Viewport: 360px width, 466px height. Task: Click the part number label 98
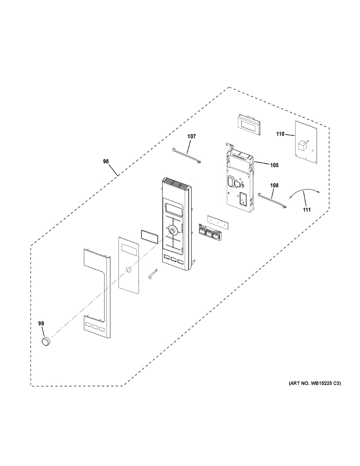[x=106, y=162]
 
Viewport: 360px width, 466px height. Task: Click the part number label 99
[x=41, y=323]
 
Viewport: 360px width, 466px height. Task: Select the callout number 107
[x=191, y=136]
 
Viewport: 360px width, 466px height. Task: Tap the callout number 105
[x=274, y=165]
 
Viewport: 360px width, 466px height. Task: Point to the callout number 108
[x=275, y=186]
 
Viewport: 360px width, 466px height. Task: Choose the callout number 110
[x=280, y=134]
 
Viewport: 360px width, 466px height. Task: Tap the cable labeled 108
[x=273, y=201]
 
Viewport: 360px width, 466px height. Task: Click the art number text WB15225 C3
[x=314, y=384]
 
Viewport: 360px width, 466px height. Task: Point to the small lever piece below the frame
[x=153, y=275]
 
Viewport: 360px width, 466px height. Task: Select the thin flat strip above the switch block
[x=218, y=222]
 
